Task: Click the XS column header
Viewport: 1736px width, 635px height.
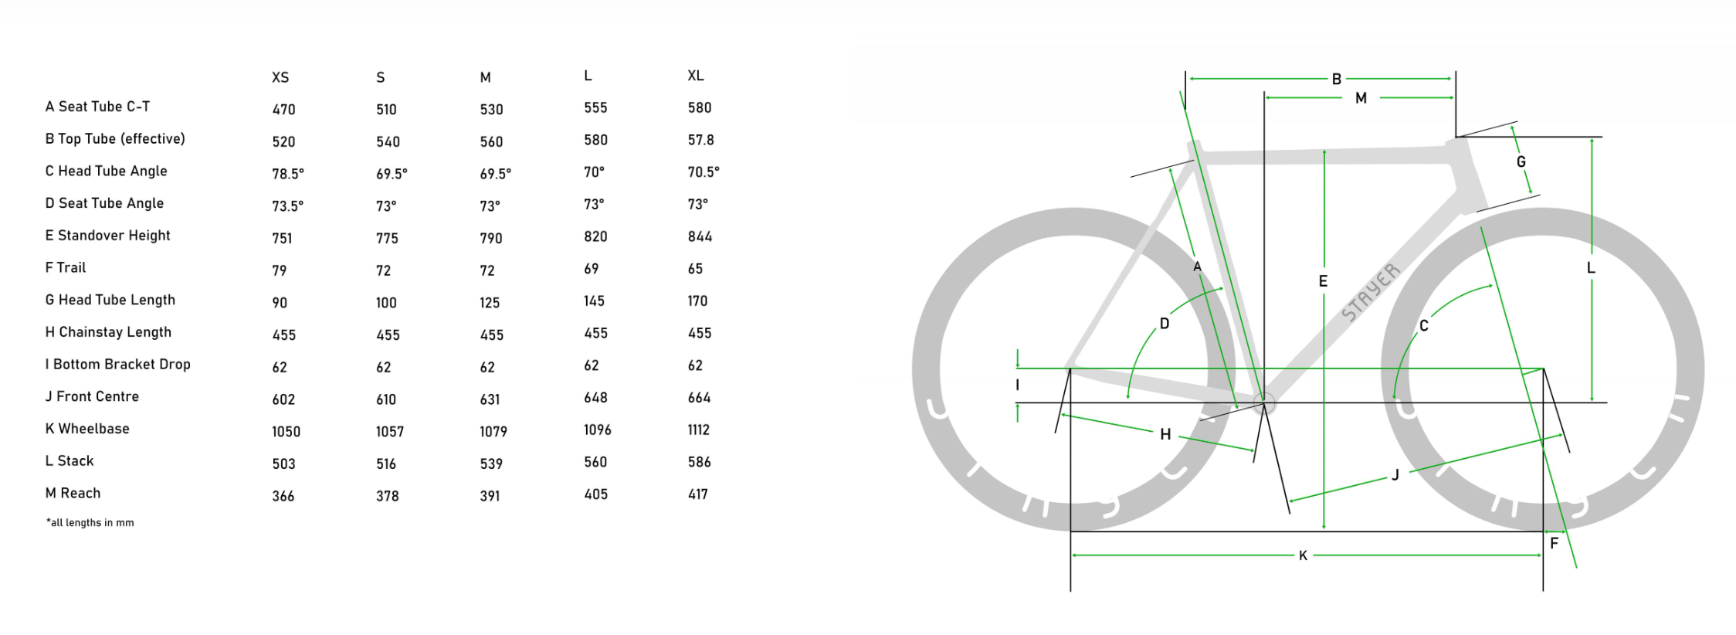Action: coord(280,77)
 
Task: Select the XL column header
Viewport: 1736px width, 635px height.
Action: coord(696,76)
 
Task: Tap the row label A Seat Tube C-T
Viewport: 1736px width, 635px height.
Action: coord(97,107)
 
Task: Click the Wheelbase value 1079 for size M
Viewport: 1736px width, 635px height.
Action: coord(493,431)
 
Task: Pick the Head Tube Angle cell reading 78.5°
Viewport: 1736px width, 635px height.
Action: coord(288,174)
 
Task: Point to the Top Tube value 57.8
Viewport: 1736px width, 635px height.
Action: coord(701,140)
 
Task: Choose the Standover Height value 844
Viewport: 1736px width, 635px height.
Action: coord(700,236)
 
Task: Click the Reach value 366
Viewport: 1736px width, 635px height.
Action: coord(283,496)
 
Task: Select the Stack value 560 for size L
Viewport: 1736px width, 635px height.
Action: coord(595,462)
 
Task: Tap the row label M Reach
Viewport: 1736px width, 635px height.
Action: coord(73,493)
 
